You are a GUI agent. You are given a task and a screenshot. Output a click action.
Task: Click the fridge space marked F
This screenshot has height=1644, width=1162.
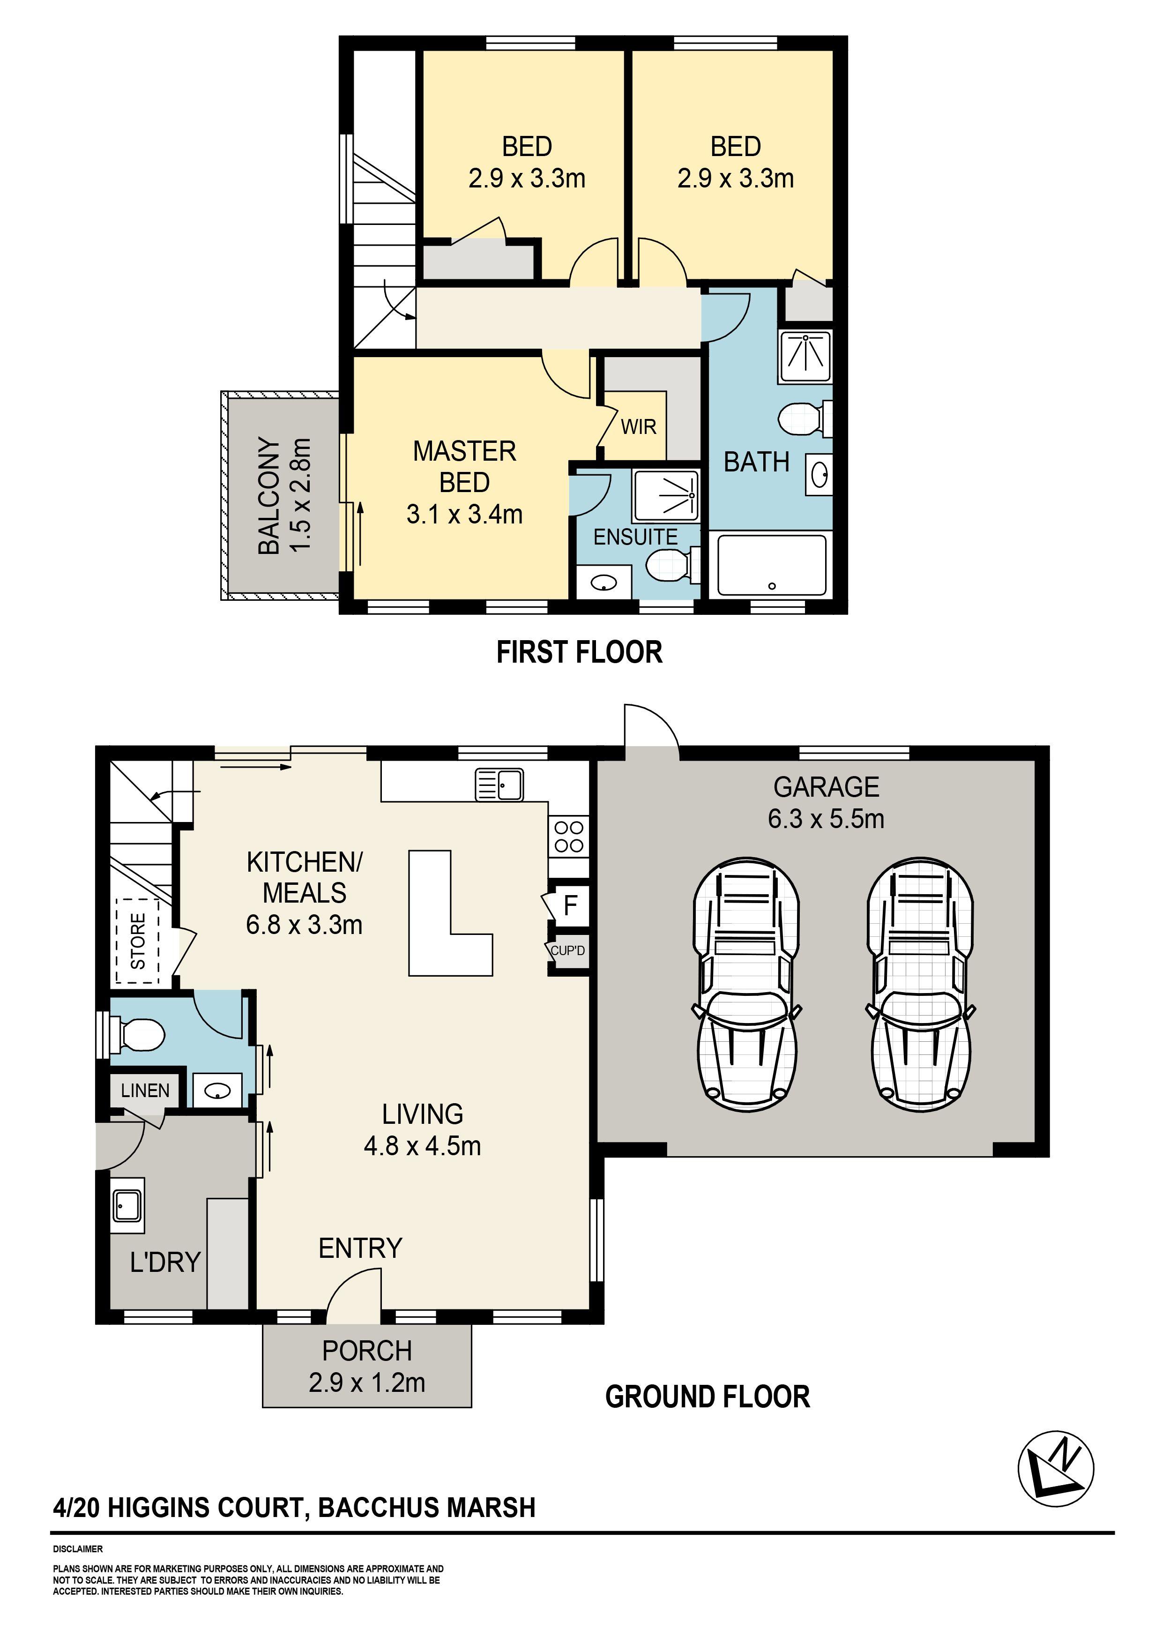(570, 906)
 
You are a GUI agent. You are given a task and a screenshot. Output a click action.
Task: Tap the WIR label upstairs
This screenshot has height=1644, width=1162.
(638, 427)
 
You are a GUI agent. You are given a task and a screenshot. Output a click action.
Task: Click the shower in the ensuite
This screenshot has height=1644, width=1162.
(666, 495)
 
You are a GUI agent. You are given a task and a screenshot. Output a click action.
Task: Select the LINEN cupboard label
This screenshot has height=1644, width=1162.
(145, 1091)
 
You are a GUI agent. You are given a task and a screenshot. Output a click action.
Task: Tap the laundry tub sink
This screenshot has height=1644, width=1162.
(127, 1206)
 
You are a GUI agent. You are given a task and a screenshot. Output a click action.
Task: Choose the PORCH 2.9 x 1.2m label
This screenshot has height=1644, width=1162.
(366, 1366)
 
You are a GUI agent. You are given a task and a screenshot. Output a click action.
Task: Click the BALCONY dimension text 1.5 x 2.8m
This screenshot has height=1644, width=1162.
(301, 495)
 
